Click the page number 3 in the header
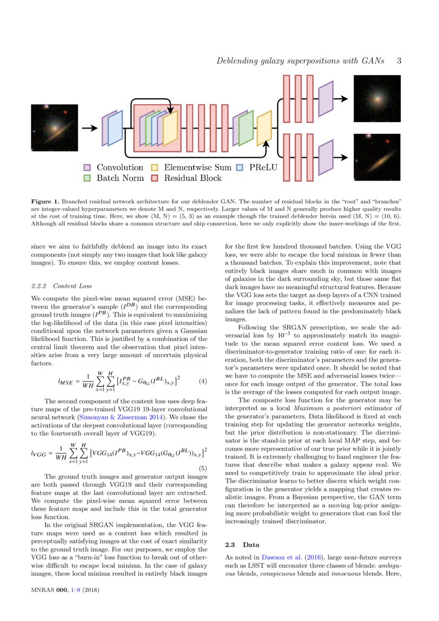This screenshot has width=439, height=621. tap(398, 61)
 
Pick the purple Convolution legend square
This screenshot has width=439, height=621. tap(88, 167)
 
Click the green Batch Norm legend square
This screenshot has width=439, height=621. tap(88, 178)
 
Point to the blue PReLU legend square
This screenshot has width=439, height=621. tap(240, 167)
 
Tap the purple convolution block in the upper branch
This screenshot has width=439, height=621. tap(325, 99)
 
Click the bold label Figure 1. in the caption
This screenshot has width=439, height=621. tap(45, 202)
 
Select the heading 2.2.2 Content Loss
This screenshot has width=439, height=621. tap(62, 286)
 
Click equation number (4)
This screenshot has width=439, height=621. tap(203, 381)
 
